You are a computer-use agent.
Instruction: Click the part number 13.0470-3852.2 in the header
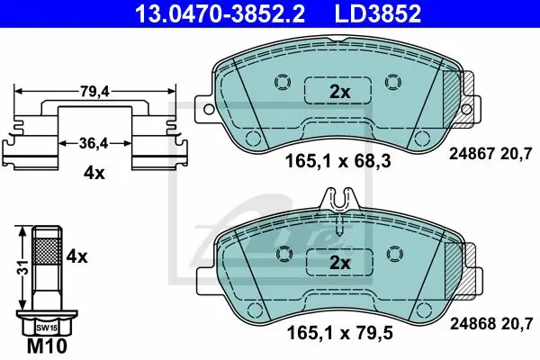tap(220, 13)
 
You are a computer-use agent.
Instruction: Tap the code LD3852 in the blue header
tap(378, 13)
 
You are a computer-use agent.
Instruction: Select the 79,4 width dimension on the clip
tap(94, 91)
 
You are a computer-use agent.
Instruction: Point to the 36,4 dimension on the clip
tap(94, 143)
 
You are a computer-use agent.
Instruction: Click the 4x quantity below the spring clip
tap(94, 173)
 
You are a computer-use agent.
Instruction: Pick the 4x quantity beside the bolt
tap(76, 256)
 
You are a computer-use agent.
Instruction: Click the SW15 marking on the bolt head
tap(47, 328)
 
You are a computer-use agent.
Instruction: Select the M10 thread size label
tap(47, 346)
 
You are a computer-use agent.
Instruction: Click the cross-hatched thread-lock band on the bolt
tap(47, 251)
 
